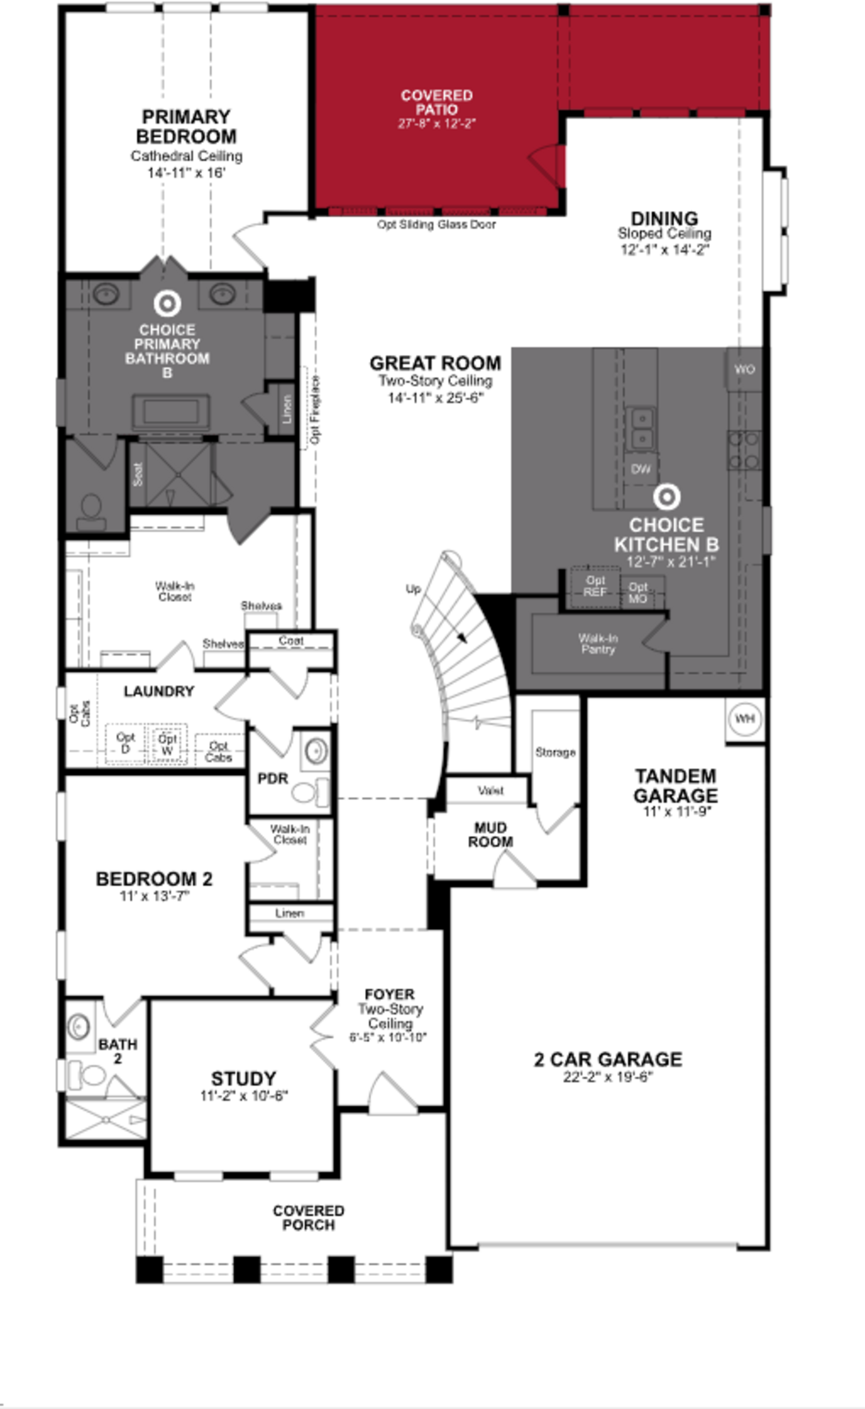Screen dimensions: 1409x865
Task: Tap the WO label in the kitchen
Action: (x=744, y=369)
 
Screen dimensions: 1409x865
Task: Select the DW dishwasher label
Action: (x=641, y=469)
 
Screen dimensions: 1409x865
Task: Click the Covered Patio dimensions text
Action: (x=437, y=124)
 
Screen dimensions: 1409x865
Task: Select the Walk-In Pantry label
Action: (x=598, y=644)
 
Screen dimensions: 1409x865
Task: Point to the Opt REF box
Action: (x=595, y=587)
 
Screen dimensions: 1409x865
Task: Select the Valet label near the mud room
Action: (x=490, y=791)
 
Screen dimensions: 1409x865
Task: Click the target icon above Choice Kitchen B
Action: (x=667, y=497)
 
